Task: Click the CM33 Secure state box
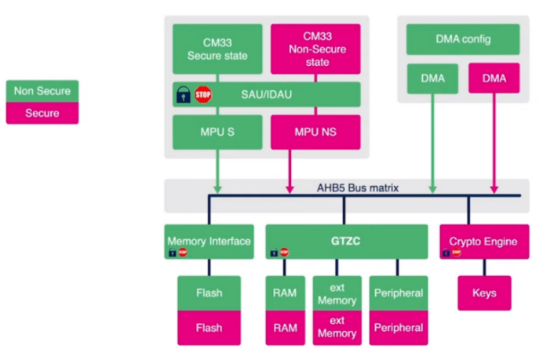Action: coord(217,49)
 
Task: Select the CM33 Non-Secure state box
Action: coord(315,49)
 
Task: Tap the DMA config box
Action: coord(463,39)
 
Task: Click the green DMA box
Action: coord(432,78)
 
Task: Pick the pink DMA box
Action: coord(494,78)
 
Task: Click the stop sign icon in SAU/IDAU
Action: coord(203,94)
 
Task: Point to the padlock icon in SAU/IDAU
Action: coord(183,94)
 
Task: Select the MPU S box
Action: coord(217,132)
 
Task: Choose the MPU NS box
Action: coord(315,132)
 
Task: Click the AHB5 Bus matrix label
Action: coord(358,188)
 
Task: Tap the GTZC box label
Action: coord(345,241)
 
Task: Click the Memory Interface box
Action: coord(210,242)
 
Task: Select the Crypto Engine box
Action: coord(484,242)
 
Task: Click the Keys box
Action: coord(484,293)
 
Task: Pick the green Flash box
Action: coord(210,293)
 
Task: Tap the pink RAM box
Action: coord(286,328)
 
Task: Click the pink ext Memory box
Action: coord(337,328)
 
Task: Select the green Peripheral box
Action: coord(399,293)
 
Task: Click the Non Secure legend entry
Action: coord(42,91)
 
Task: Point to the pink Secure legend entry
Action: coord(42,113)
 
